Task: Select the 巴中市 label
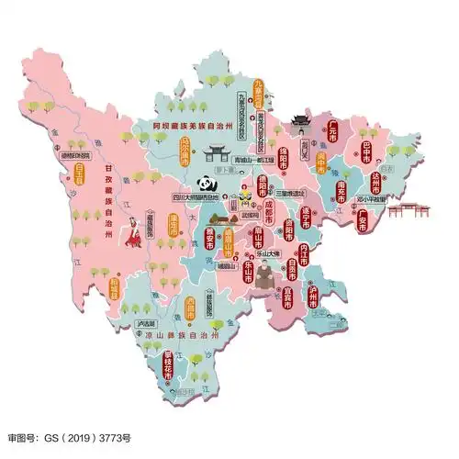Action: point(366,151)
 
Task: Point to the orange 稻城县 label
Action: point(115,289)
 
